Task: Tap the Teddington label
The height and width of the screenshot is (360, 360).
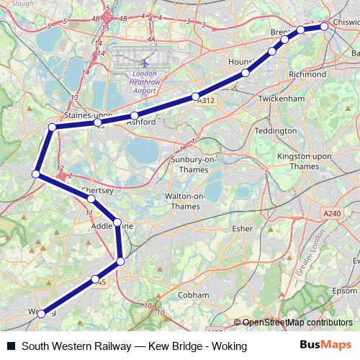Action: point(276,131)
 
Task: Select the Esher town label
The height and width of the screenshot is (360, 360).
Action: point(243,228)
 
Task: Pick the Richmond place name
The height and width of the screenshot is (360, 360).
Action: point(307,73)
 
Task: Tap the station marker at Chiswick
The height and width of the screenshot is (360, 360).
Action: point(324,26)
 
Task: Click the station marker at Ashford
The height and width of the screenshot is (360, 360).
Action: point(135,116)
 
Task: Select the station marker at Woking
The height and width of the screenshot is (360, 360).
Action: point(42,313)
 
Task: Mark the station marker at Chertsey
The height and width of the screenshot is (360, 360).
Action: point(91,198)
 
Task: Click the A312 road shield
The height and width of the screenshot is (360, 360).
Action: point(205,102)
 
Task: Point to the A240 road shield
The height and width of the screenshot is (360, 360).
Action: point(331,213)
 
